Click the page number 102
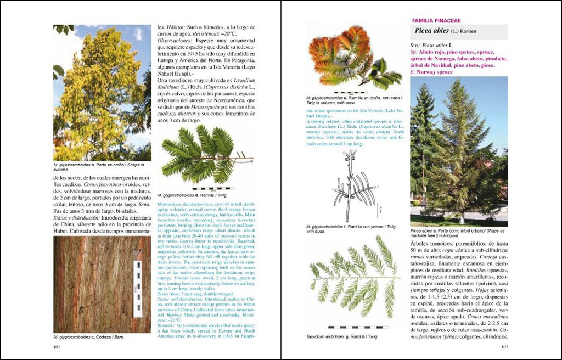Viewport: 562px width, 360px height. tap(56, 347)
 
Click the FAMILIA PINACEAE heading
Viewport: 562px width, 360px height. tap(437, 20)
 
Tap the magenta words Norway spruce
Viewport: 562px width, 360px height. tap(436, 72)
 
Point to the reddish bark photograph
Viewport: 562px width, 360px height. tap(102, 284)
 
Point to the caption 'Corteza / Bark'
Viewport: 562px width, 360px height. tap(88, 336)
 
